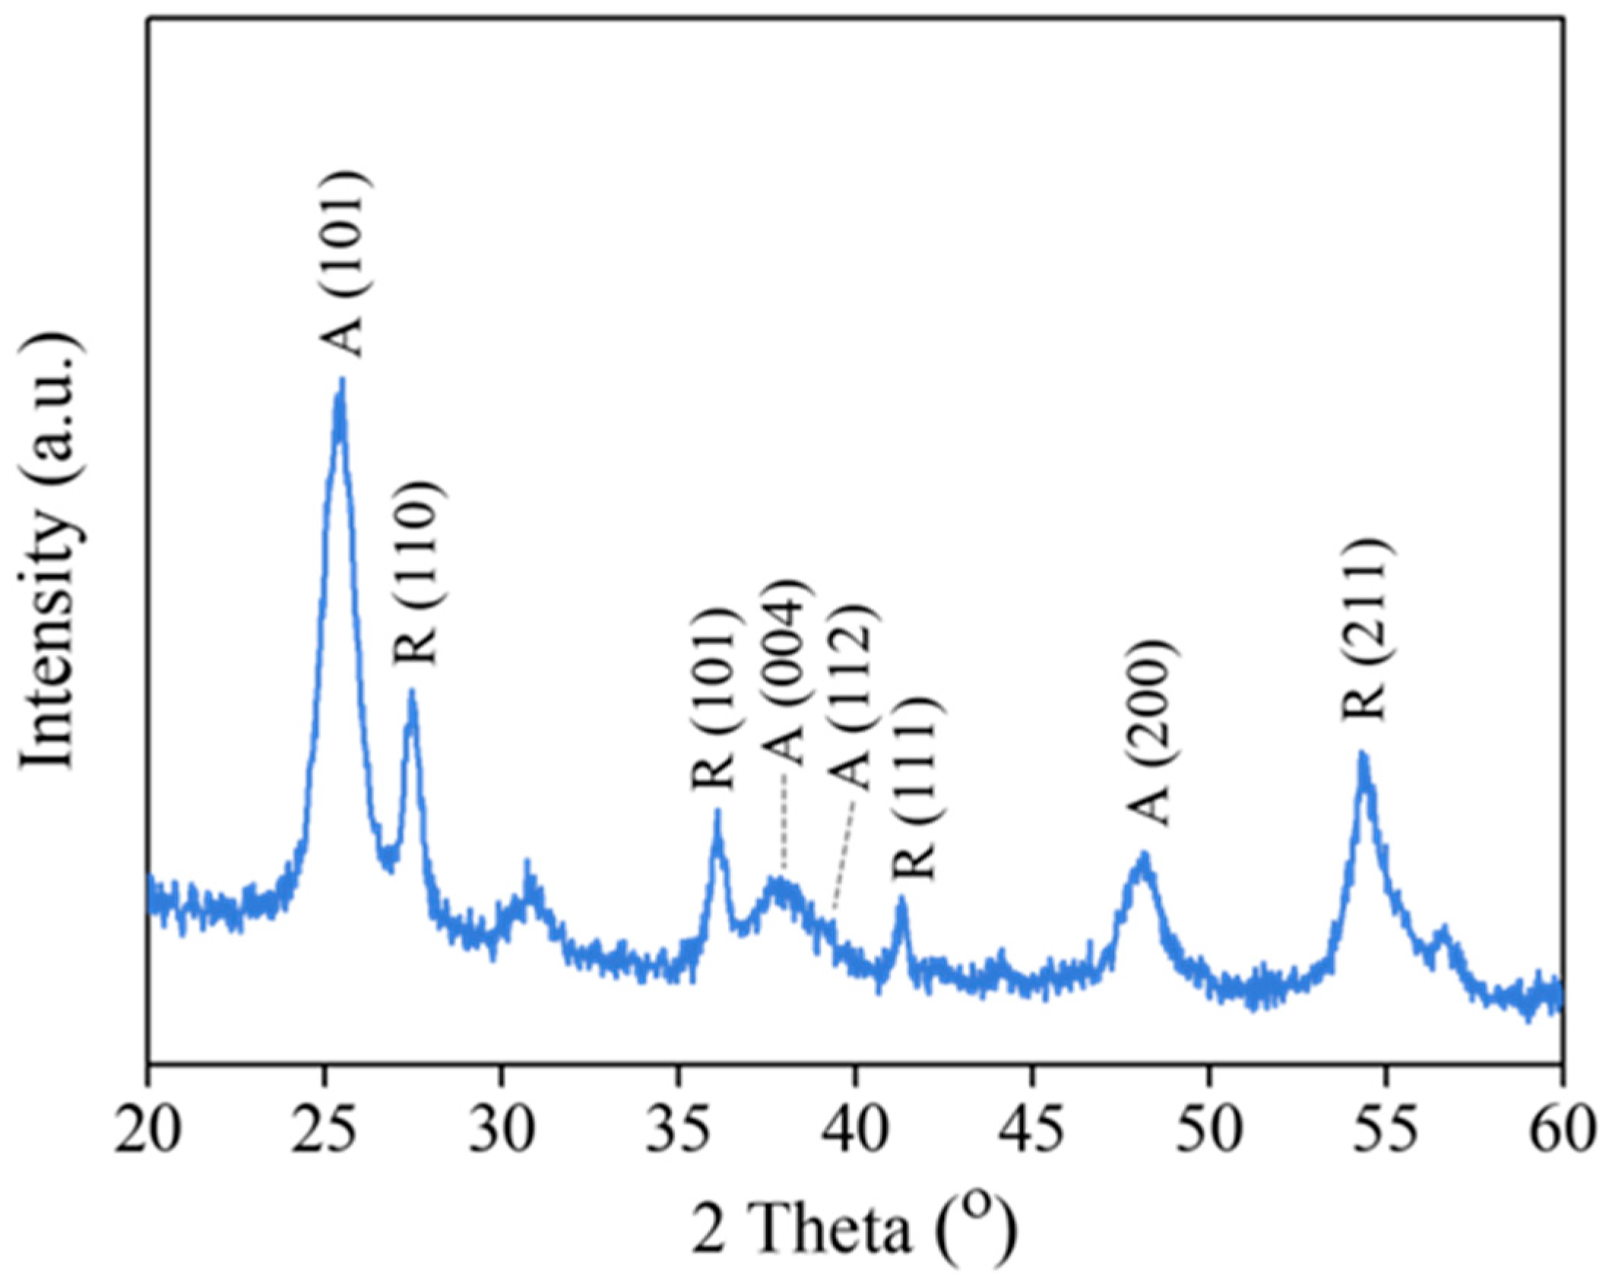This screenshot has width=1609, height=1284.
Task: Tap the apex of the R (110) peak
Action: (412, 691)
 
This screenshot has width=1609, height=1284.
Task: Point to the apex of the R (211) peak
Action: (1362, 754)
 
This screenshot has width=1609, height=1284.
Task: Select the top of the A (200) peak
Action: (1144, 854)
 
